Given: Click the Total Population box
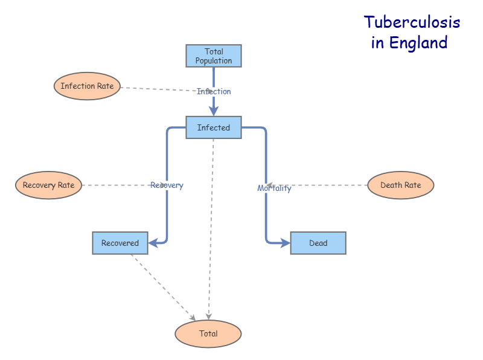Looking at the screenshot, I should pos(213,56).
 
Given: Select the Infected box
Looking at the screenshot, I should pos(213,127).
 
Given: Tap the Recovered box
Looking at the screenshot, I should pos(120,243).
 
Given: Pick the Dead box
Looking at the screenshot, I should pos(318,243).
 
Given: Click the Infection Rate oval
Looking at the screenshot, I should pos(87,86).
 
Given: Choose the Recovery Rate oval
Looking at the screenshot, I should pos(48,185).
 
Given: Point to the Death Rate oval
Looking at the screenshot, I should pos(400,185).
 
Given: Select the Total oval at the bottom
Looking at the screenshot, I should pos(208,333).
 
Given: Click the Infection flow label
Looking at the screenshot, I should pos(214,91).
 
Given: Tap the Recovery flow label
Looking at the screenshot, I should pos(167,185).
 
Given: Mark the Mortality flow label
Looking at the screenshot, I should pos(274,188).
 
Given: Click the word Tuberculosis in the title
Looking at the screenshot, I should pos(412,22).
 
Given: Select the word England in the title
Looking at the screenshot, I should pos(418,43).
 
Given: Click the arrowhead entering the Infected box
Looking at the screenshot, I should pos(214,111).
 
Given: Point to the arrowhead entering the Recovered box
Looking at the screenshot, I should pos(153,243).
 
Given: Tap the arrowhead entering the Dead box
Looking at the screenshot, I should pos(285,243).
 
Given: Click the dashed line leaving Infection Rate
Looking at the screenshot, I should pos(157,89).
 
